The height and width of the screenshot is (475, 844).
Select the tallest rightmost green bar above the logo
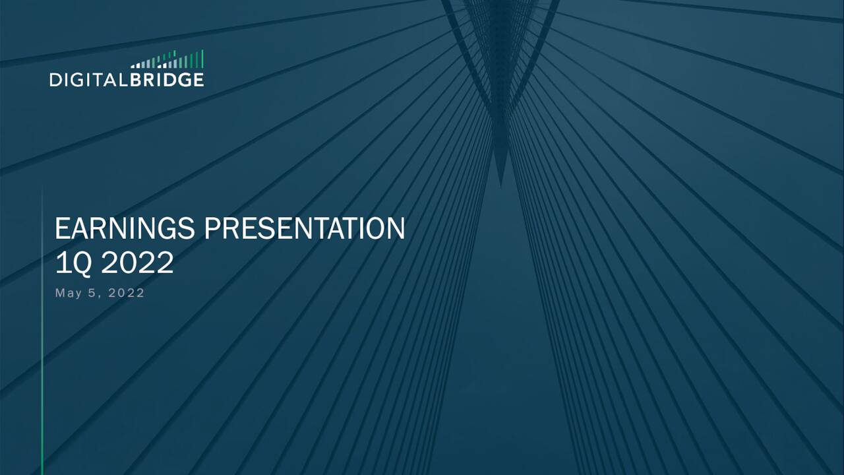202,59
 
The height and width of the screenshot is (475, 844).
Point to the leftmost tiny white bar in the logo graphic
132,67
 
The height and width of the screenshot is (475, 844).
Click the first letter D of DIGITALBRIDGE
55,80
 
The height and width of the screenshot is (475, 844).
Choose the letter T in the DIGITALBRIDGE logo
99,80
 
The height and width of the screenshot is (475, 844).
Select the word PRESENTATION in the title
305,229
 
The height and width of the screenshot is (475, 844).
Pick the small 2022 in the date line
126,293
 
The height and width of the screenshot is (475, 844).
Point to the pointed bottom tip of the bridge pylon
500,185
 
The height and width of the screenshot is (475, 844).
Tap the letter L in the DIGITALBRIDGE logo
123,80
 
